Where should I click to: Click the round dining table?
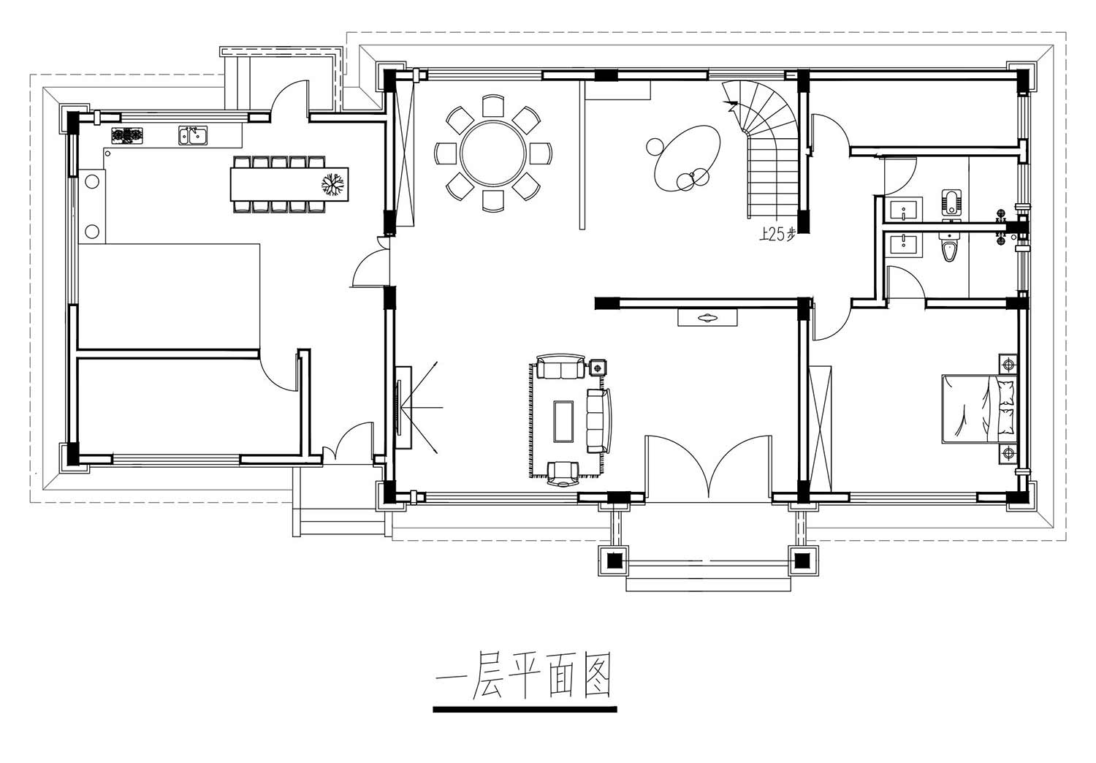493,153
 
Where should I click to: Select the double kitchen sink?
193,135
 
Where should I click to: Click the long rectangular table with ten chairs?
289,184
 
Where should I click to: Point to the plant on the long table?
332,184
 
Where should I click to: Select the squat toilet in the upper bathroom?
951,202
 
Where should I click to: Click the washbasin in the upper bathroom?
906,210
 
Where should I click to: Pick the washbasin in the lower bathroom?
906,243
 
